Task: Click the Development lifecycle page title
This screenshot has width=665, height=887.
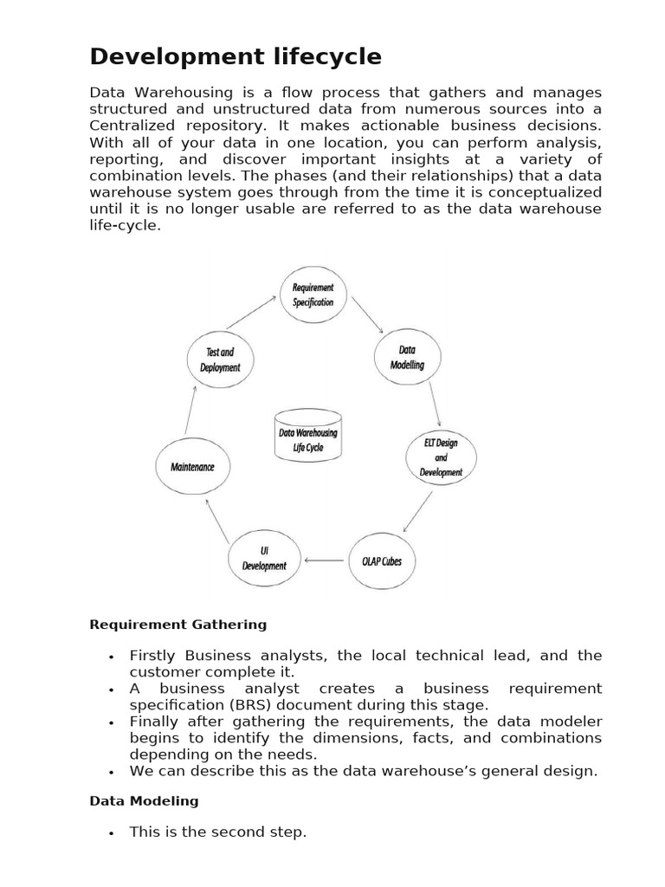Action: pos(236,57)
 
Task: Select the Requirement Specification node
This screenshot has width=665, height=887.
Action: pos(313,295)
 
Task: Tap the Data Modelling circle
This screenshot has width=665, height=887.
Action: pos(407,357)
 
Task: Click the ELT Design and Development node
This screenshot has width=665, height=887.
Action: pos(441,457)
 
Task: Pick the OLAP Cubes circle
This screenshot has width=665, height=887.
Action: pos(381,561)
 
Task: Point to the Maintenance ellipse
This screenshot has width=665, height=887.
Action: pos(192,466)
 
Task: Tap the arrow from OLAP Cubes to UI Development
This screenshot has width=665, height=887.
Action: pos(324,560)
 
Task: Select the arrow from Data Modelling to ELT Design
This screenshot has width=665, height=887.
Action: pos(435,403)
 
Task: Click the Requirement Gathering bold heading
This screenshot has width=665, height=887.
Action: pos(178,624)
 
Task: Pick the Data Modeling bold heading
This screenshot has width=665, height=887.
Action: pos(144,800)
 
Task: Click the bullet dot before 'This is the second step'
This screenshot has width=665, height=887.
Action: pos(112,833)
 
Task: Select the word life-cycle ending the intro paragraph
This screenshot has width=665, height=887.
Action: pos(126,224)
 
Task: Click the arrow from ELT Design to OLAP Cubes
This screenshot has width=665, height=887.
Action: pos(417,513)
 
